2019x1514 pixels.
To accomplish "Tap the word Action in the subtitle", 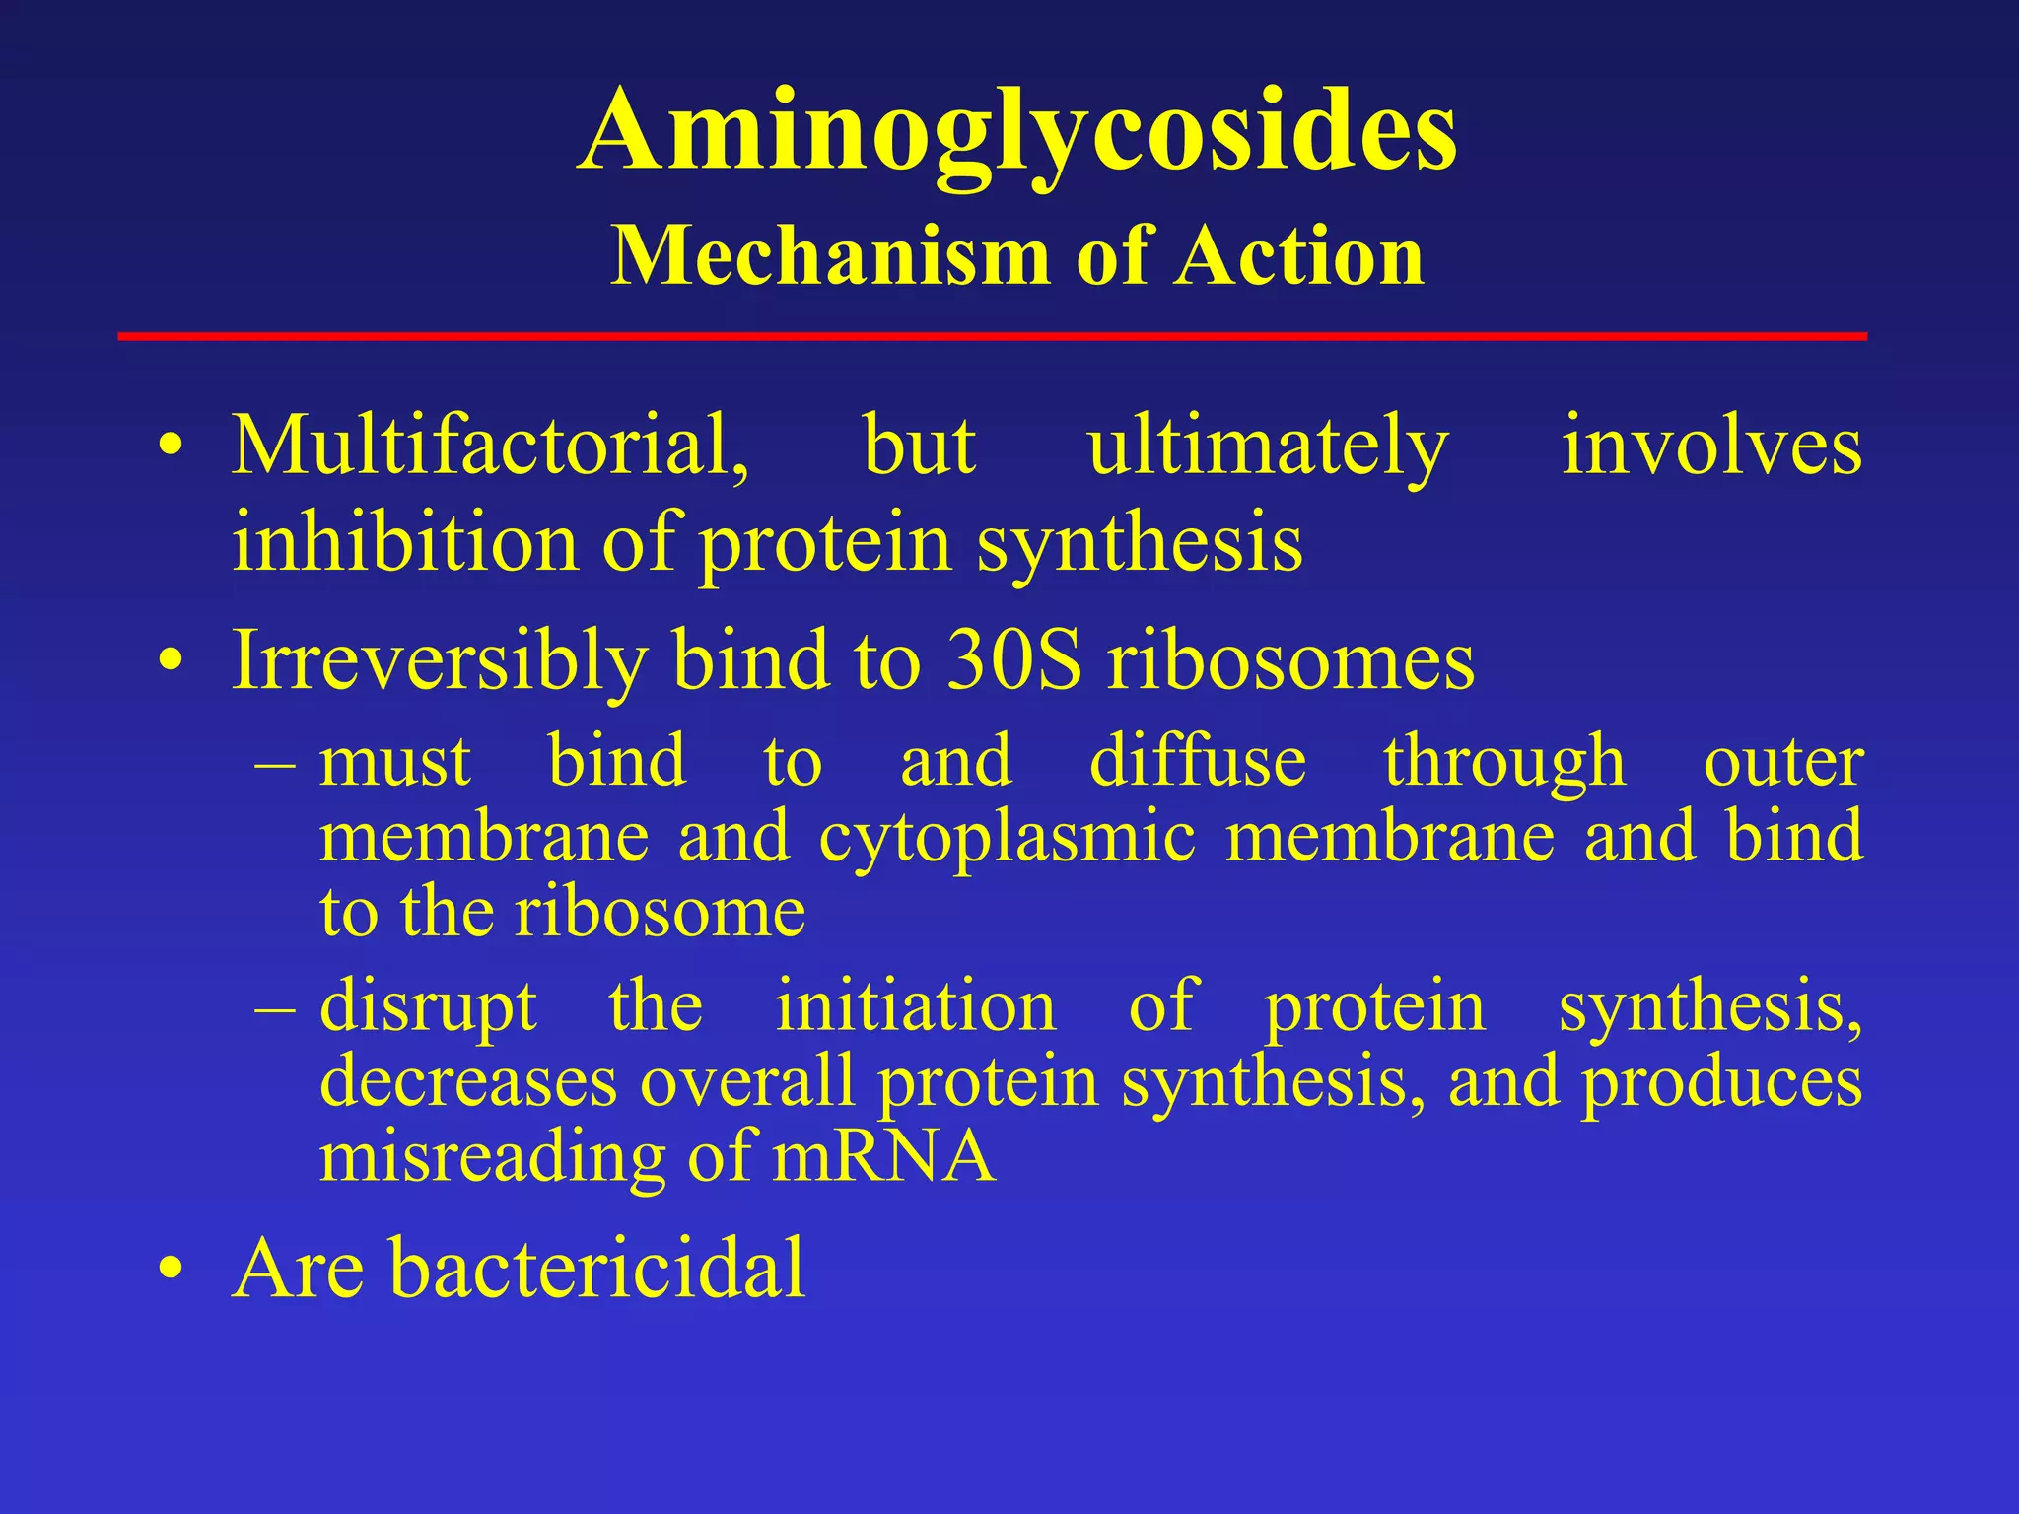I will [x=1298, y=256].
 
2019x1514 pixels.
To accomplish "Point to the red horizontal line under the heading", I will [x=992, y=336].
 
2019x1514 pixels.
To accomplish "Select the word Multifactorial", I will [x=490, y=446].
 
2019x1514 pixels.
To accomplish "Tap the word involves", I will [x=1711, y=446].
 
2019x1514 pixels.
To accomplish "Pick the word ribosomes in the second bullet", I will [x=1290, y=660].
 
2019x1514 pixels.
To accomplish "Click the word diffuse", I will [x=1197, y=762].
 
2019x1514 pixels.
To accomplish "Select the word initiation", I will [x=915, y=1005].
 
